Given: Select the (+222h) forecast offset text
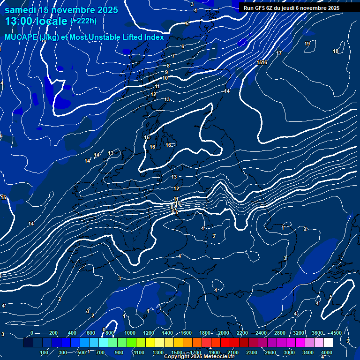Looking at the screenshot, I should tap(83, 21).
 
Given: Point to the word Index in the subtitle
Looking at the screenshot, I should tap(153, 37).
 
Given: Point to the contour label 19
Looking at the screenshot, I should tap(307, 44).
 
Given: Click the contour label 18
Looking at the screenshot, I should tap(336, 52).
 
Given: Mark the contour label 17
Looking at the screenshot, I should tap(279, 53).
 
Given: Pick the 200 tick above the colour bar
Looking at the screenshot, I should tap(53, 333).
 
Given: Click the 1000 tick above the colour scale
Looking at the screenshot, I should tap(129, 333).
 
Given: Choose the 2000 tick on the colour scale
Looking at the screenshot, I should tap(223, 333).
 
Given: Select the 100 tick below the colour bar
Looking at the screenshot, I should tap(44, 352).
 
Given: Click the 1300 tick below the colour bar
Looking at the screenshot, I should tap(158, 352).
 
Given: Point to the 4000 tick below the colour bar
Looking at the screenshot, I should tap(327, 352).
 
